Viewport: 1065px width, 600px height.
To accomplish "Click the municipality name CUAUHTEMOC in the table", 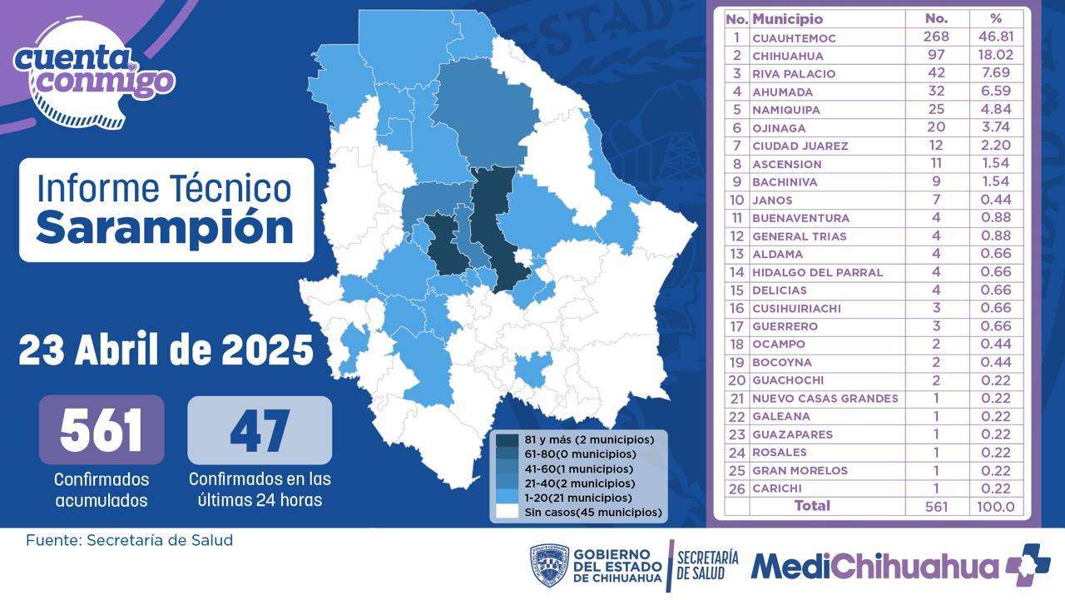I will [794, 37].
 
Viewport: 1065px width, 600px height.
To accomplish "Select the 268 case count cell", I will [937, 37].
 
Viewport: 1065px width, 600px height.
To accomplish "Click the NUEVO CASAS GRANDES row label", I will [825, 399].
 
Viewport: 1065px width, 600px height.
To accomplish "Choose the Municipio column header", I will [787, 18].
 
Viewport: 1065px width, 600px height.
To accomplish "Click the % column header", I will [996, 18].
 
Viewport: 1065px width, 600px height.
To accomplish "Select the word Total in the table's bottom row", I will [812, 506].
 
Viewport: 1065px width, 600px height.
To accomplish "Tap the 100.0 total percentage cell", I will [996, 507].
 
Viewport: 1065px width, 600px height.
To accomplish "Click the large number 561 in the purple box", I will [102, 430].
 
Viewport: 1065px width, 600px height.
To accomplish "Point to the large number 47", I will [260, 430].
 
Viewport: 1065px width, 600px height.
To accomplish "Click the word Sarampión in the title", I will [165, 227].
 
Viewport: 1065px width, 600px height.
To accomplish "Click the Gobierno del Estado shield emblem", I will [549, 566].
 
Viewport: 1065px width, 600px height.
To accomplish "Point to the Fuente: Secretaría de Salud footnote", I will [129, 540].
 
